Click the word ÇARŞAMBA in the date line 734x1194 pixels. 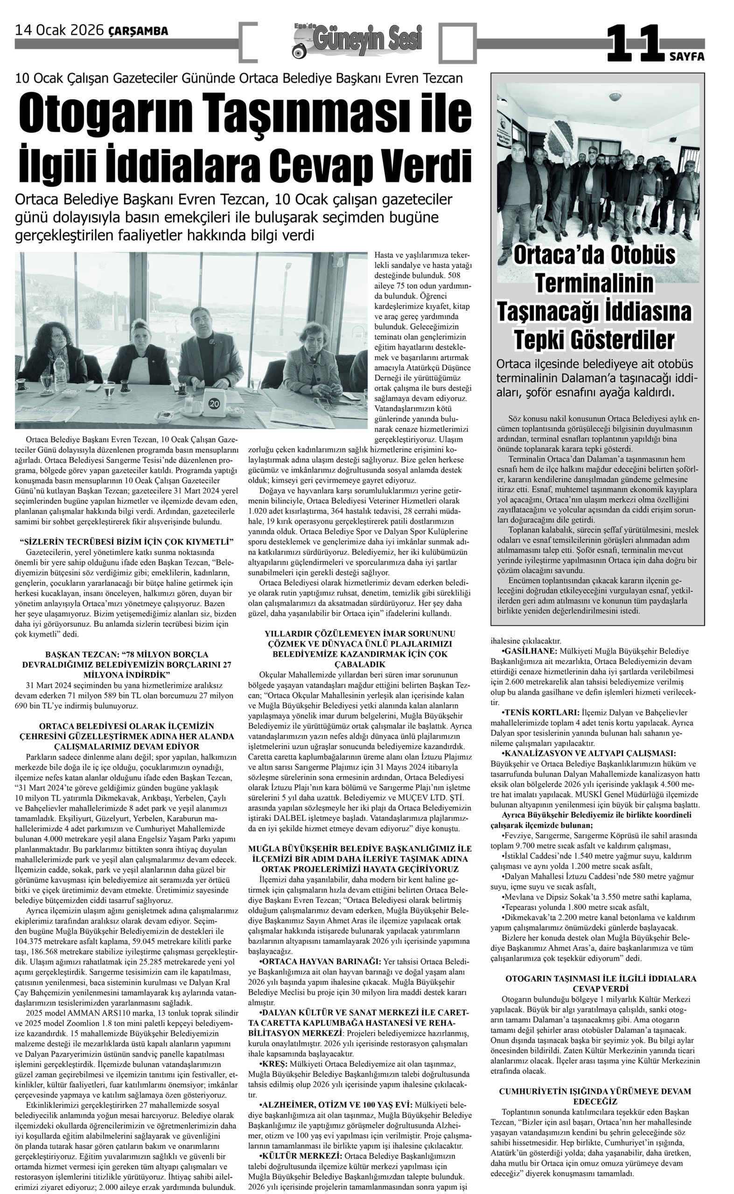138,31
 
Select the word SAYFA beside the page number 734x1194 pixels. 686,57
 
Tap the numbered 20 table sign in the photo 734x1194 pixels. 214,403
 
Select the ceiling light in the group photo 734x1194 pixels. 615,96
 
